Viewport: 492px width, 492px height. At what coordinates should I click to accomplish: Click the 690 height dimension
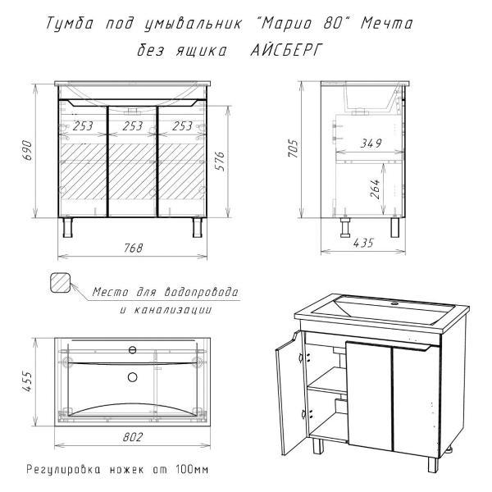[x=28, y=151]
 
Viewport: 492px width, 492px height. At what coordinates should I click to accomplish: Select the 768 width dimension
[x=134, y=248]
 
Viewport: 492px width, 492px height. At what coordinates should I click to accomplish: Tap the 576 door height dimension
[x=221, y=162]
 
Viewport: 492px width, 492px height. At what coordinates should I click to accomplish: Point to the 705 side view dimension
[x=294, y=148]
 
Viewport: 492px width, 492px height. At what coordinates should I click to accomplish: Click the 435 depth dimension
[x=363, y=243]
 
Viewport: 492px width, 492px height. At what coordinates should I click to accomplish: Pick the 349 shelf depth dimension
[x=371, y=143]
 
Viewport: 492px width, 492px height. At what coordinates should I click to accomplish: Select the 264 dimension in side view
[x=375, y=189]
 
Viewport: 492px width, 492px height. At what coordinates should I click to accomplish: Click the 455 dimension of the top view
[x=28, y=381]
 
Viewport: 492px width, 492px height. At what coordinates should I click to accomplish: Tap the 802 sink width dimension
[x=133, y=437]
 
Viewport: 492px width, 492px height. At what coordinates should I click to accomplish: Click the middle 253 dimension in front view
[x=132, y=126]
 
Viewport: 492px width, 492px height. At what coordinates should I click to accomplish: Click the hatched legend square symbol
[x=60, y=283]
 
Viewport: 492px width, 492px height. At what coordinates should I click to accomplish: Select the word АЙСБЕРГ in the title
[x=286, y=50]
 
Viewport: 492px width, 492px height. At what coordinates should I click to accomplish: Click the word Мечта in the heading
[x=386, y=24]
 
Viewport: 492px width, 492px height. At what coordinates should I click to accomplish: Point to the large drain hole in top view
[x=133, y=377]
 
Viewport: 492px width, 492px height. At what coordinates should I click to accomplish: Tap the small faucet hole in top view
[x=133, y=350]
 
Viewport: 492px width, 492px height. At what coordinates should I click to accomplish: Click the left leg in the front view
[x=67, y=227]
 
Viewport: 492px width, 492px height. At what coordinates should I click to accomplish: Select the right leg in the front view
[x=198, y=227]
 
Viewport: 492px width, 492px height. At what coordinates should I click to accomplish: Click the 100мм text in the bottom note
[x=192, y=470]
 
